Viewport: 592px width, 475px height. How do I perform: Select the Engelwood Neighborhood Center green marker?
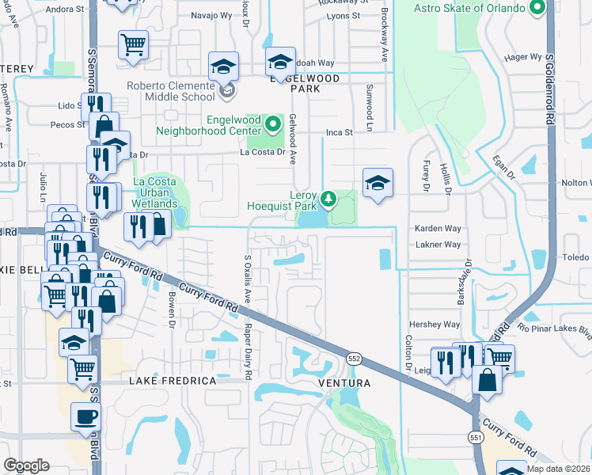274,124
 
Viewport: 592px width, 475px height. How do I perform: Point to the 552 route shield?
352,359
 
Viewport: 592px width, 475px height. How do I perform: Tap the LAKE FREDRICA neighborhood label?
173,382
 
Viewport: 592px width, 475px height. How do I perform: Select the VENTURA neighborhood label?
344,383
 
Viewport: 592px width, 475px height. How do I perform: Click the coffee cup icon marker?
85,416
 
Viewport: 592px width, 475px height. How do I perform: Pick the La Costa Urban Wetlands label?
154,192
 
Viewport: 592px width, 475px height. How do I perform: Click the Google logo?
26,465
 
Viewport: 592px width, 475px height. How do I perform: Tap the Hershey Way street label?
434,325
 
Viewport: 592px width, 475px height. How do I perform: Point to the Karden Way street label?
438,228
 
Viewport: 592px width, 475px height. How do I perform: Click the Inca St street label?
338,132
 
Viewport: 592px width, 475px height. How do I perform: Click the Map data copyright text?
557,469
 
